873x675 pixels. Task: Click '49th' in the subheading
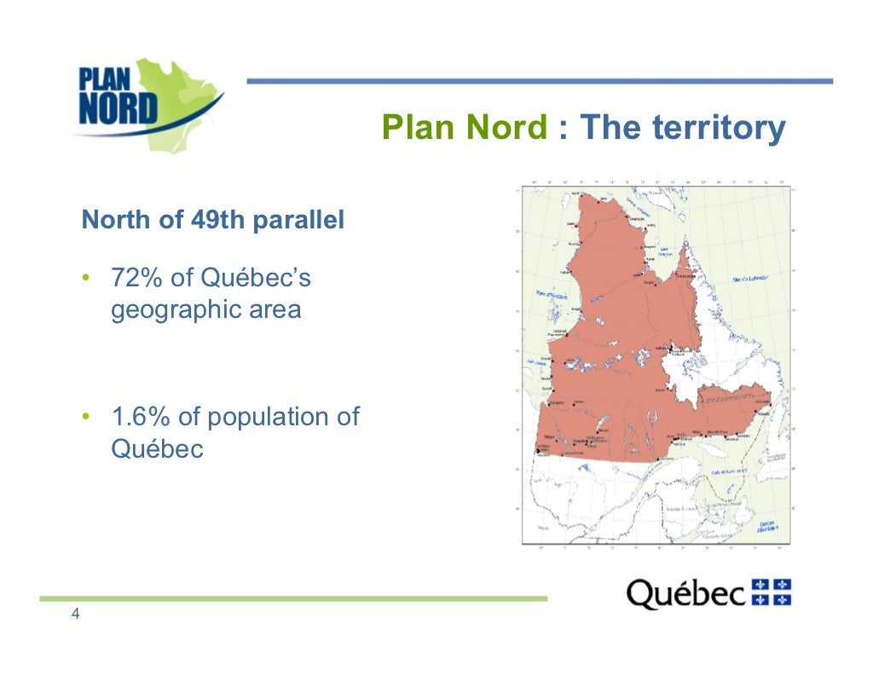[x=211, y=221]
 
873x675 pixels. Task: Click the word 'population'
[x=268, y=418]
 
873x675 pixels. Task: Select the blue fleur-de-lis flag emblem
[x=772, y=591]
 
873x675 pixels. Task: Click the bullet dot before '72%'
[x=86, y=280]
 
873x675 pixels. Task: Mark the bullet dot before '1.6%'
[x=86, y=418]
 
